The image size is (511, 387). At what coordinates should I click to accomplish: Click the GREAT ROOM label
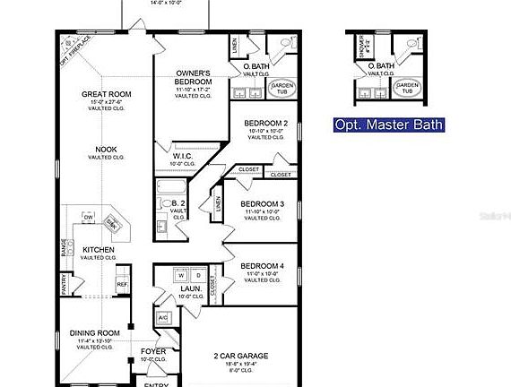[108, 94]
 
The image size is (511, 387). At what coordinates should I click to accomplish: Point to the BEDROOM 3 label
[262, 204]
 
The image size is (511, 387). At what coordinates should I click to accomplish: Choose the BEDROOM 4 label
[262, 266]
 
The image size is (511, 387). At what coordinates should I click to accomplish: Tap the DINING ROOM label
[94, 333]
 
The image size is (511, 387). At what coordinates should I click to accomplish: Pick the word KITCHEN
[98, 249]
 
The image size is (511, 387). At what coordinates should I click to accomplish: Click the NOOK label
[107, 150]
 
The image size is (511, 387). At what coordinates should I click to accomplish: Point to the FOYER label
[153, 351]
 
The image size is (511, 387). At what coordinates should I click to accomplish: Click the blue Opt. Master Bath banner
[388, 125]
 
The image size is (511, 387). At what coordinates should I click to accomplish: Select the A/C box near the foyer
[163, 318]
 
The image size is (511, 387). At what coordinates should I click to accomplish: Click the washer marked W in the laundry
[180, 274]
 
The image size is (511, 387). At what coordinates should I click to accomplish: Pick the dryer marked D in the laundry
[198, 274]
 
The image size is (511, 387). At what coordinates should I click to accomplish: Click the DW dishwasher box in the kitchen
[88, 218]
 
